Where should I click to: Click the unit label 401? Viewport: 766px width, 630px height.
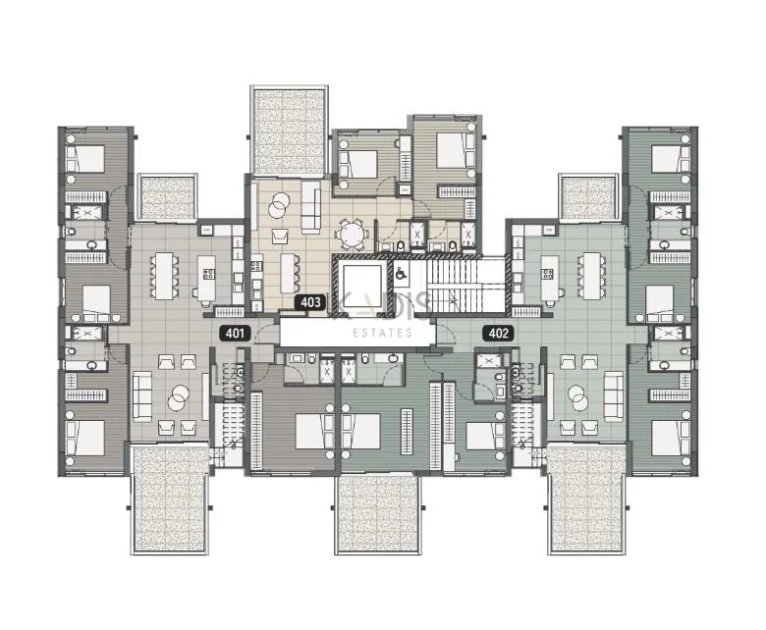tap(235, 334)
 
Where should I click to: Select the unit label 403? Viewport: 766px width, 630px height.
tap(309, 300)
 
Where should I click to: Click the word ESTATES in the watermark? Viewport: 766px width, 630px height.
tap(382, 333)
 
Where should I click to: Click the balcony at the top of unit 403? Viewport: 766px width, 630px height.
tap(288, 130)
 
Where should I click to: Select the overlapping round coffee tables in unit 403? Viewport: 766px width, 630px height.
tap(281, 201)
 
